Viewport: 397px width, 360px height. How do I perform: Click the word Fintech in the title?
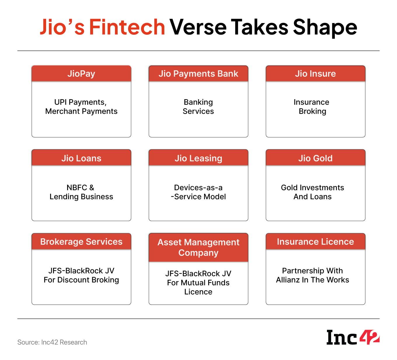coord(127,27)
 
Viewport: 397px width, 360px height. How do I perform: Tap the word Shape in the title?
coord(325,28)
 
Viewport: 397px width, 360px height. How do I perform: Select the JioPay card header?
coord(81,74)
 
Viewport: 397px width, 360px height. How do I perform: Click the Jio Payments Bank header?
coord(198,74)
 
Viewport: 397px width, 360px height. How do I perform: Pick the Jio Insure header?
coord(316,74)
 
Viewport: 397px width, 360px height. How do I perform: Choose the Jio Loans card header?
coord(81,158)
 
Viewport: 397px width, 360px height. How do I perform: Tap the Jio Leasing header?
coord(198,158)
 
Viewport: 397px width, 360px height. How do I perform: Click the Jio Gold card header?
coord(316,158)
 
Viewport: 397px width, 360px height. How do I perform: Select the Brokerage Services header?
coord(81,241)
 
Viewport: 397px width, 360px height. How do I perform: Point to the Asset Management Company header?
coord(198,247)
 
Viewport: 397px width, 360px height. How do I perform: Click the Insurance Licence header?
coord(316,241)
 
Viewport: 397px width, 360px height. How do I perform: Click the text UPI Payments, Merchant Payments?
coord(81,107)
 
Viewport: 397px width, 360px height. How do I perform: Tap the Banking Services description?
coord(198,107)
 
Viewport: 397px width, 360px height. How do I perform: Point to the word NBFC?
coord(77,188)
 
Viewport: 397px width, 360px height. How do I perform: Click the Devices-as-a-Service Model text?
coord(198,192)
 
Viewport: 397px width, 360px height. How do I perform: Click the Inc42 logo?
coord(353,337)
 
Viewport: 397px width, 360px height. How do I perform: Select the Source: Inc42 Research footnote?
coord(52,342)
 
